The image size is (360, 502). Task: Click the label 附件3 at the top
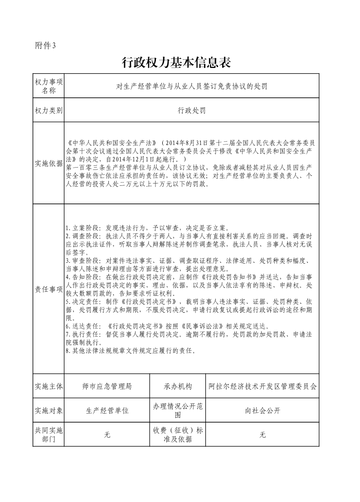[x=45, y=45]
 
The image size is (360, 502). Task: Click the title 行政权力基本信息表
[x=177, y=63]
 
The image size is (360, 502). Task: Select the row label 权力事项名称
[x=49, y=86]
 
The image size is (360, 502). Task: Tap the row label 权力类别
[x=49, y=110]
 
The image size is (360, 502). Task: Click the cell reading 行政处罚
[x=192, y=110]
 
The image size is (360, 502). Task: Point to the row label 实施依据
[x=49, y=164]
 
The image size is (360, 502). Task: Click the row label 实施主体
[x=49, y=386]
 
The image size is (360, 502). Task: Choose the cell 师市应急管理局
[x=107, y=386]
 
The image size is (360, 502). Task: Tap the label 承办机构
[x=178, y=386]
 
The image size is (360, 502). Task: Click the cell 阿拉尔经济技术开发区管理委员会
[x=263, y=386]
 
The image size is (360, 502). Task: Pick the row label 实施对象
[x=49, y=411]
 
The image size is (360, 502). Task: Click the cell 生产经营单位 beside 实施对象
[x=107, y=411]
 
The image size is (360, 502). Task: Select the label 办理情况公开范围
[x=178, y=411]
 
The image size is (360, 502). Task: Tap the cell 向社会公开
[x=263, y=411]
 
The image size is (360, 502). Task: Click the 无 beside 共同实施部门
[x=107, y=435]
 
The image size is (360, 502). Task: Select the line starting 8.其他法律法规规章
[x=131, y=351]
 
